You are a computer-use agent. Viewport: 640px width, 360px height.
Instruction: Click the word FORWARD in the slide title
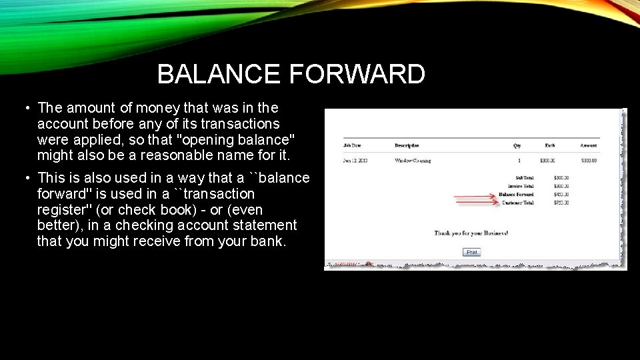tap(357, 74)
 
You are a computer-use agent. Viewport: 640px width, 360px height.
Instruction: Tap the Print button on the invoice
tap(471, 252)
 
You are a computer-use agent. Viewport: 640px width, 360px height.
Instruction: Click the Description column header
tap(407, 145)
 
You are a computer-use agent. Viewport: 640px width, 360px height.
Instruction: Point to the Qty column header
tap(517, 145)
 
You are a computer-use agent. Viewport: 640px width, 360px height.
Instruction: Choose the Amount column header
tap(588, 145)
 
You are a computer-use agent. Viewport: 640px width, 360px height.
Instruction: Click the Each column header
tap(549, 145)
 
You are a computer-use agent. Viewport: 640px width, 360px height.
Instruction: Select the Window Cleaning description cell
tap(413, 161)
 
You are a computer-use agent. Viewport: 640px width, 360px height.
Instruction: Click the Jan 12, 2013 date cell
tap(355, 161)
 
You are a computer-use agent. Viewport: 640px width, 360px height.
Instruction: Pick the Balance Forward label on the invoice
tap(516, 194)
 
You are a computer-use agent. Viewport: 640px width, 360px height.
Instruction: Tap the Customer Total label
tap(517, 202)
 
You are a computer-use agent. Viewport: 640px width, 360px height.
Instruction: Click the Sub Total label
tap(525, 178)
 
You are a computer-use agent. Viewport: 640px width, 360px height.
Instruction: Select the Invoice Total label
tap(519, 186)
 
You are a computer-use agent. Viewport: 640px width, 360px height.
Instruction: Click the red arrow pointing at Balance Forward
tap(475, 196)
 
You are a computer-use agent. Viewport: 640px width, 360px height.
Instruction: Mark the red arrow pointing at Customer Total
tap(475, 203)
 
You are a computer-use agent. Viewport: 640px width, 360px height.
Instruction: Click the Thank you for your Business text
tap(471, 233)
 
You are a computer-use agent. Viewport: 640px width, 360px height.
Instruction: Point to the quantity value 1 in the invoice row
tap(518, 161)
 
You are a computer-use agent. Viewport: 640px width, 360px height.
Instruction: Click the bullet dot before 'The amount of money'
tap(24, 108)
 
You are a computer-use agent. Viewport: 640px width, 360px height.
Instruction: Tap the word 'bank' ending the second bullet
tap(268, 241)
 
